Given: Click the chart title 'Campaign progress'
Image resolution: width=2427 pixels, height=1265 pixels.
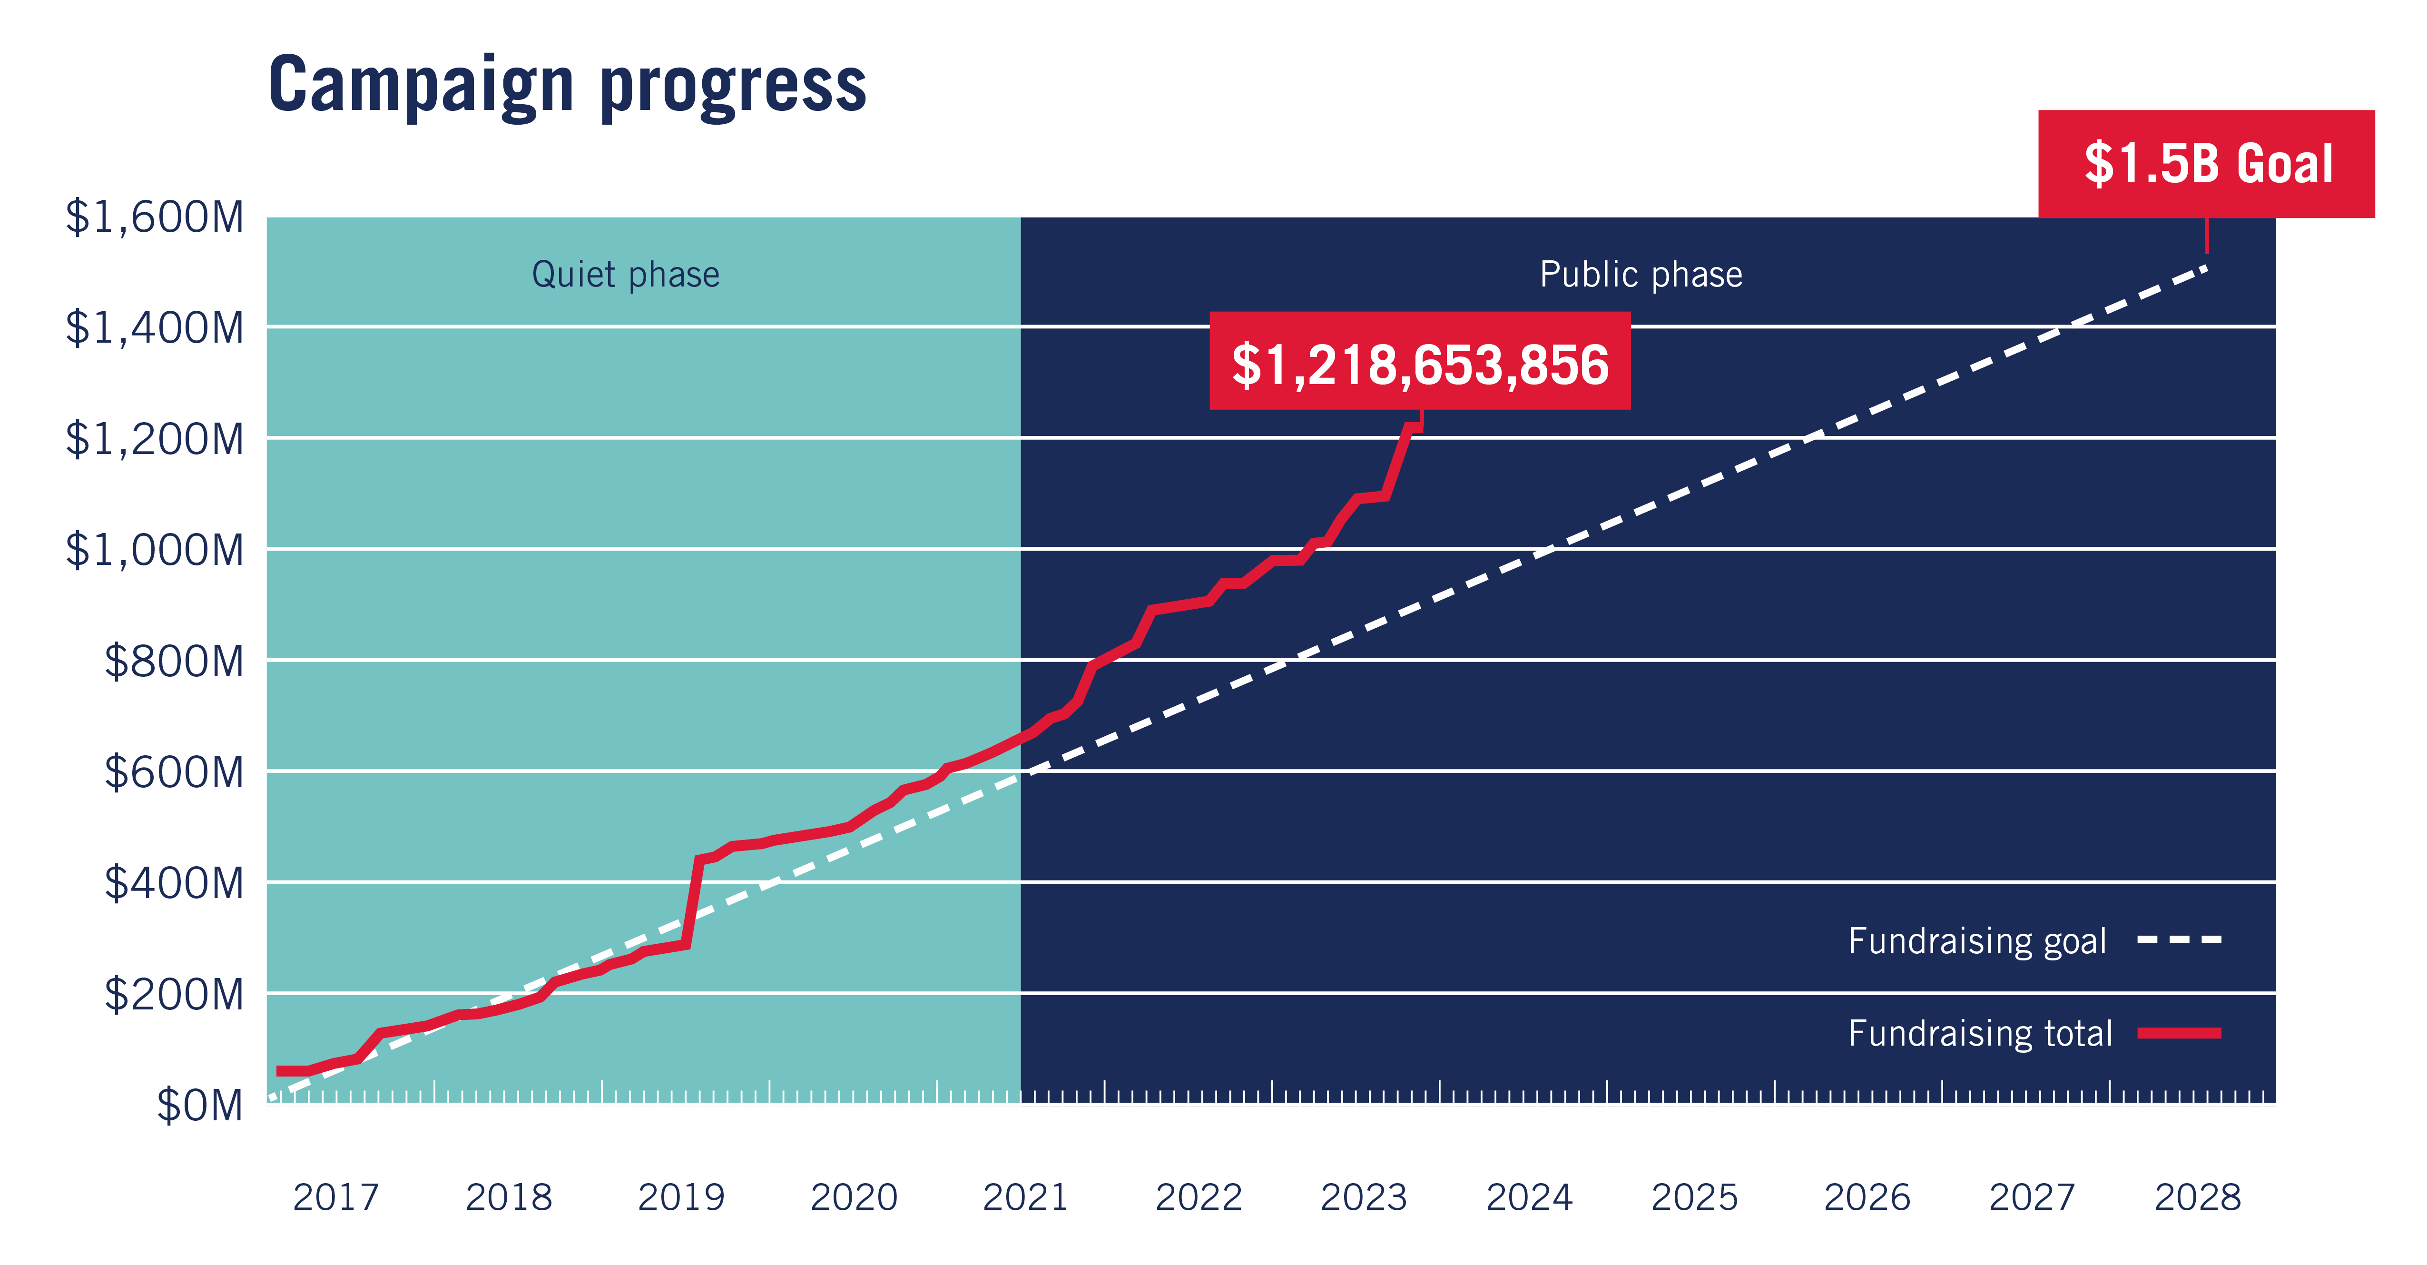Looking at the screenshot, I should coord(567,85).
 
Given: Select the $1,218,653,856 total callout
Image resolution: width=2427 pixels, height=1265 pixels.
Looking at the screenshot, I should coord(1420,362).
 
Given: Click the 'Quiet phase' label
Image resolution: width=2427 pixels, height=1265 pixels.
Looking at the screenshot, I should coord(626,274).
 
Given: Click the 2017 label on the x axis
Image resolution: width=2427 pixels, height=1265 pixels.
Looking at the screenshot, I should coord(336,1197).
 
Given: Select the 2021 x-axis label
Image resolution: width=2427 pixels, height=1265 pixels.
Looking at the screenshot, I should coord(1026,1197).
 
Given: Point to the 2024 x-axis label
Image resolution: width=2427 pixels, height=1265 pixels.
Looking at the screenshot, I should coord(1529,1197).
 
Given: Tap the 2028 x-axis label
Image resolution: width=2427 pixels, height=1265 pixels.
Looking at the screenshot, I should coord(2198,1197).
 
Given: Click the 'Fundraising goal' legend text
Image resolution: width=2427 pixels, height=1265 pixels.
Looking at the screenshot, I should coord(1976,941).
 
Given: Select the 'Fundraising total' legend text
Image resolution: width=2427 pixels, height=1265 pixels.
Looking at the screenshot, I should coord(1979,1033).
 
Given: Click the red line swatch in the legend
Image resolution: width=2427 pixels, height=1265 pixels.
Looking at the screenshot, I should coord(2179,1033).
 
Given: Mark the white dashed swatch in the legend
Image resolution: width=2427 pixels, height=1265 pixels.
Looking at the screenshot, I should coord(2179,940).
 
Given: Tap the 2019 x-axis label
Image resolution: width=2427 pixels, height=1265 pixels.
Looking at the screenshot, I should coord(681,1197).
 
